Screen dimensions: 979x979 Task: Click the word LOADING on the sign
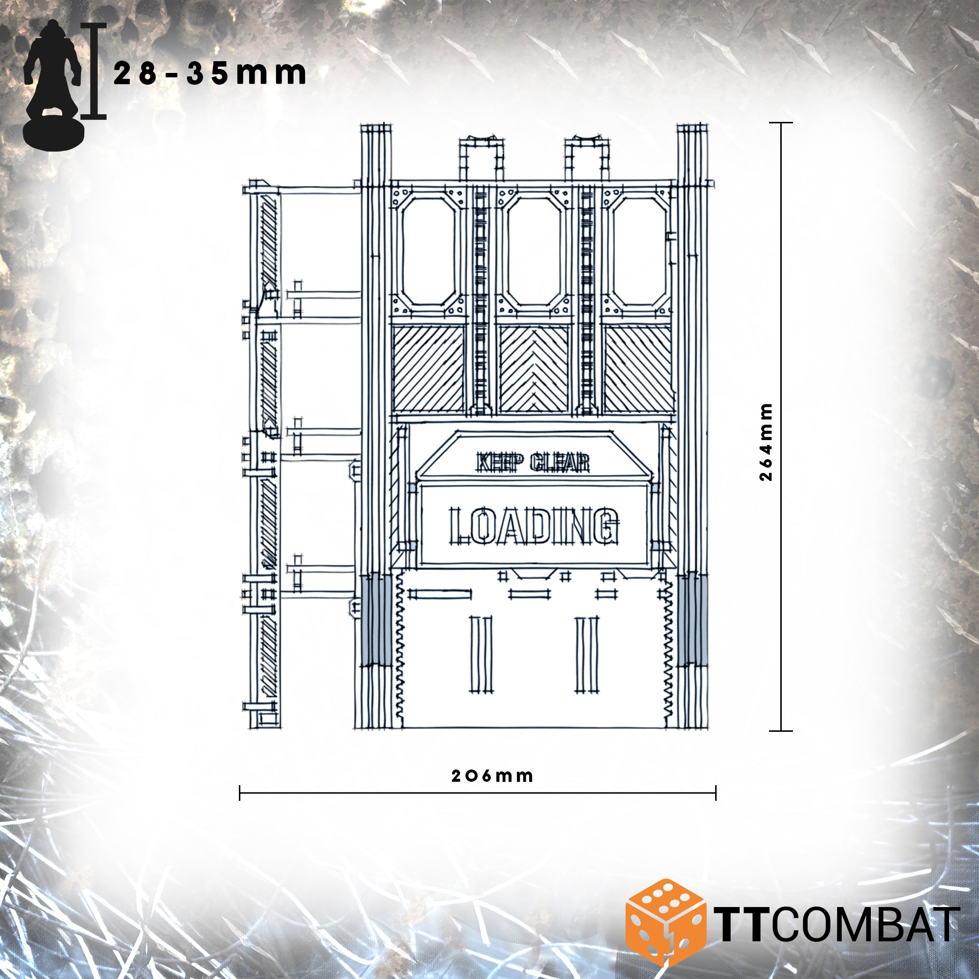point(534,525)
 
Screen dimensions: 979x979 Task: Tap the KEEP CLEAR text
point(533,462)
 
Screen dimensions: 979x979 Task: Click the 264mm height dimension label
point(767,442)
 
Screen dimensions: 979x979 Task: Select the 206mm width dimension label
point(492,776)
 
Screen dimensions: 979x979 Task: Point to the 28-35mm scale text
point(210,74)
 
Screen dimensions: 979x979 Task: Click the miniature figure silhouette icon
point(53,85)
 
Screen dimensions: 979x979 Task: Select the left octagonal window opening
point(429,251)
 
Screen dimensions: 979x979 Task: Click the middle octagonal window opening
point(534,251)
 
